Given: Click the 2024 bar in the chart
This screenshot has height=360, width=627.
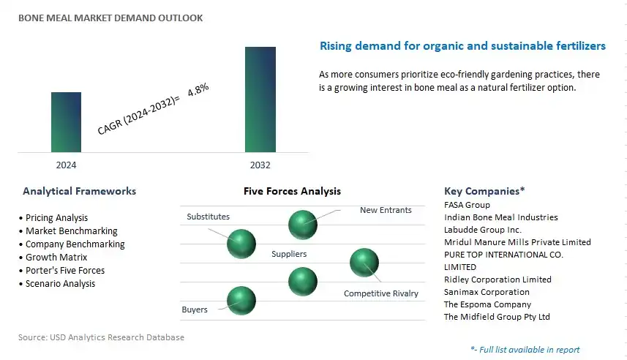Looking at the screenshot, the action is pyautogui.click(x=66, y=122).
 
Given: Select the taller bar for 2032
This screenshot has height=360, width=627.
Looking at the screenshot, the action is pyautogui.click(x=260, y=100).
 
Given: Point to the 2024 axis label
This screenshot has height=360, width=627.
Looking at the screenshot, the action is pyautogui.click(x=66, y=165).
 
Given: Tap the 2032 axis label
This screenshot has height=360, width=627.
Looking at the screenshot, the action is pyautogui.click(x=260, y=165).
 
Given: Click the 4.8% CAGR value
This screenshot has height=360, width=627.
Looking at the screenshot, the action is pyautogui.click(x=198, y=89).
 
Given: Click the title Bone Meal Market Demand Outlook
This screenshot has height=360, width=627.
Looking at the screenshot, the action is pyautogui.click(x=110, y=18).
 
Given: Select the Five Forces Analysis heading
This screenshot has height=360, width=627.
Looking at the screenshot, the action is pyautogui.click(x=293, y=191).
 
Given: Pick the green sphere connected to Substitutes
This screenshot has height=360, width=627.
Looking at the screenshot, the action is pyautogui.click(x=241, y=244).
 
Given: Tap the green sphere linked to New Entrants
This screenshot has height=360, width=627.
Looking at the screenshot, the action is pyautogui.click(x=303, y=225).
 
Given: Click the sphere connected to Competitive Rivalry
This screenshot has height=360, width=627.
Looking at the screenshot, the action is pyautogui.click(x=364, y=263).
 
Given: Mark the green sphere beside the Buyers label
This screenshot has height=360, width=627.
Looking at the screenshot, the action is pyautogui.click(x=241, y=301).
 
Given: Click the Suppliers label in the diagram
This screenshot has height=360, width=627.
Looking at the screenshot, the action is pyautogui.click(x=289, y=254).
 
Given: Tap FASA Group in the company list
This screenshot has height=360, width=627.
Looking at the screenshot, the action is pyautogui.click(x=467, y=205).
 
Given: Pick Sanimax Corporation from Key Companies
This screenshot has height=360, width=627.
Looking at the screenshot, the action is pyautogui.click(x=487, y=292).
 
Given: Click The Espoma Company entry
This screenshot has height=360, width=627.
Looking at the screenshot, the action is pyautogui.click(x=487, y=304).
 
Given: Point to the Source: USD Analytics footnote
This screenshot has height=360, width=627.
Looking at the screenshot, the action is pyautogui.click(x=101, y=337).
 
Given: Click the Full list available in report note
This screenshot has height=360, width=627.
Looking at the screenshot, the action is pyautogui.click(x=525, y=350).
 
